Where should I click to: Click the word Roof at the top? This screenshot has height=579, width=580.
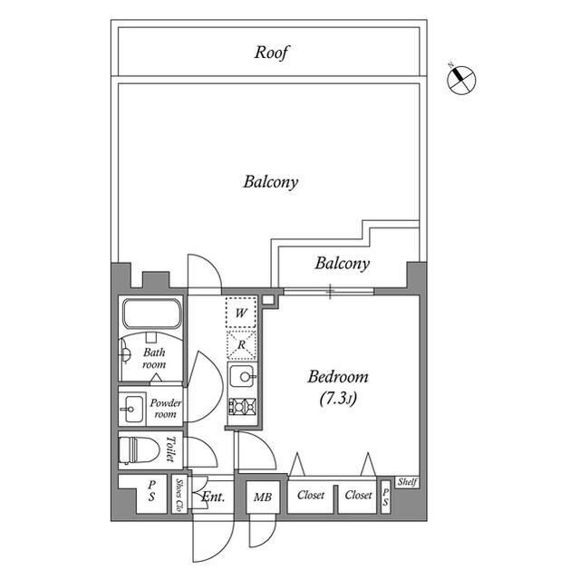point(272,53)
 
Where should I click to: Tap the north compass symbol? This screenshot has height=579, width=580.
point(461,80)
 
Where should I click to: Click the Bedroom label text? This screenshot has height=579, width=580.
point(338,377)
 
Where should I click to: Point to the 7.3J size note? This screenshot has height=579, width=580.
point(338,399)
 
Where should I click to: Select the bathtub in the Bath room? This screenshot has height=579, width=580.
point(152,314)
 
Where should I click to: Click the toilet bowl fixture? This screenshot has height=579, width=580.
point(139,450)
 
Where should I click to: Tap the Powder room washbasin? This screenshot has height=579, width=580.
point(133,409)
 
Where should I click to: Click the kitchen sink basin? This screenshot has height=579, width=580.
point(242,376)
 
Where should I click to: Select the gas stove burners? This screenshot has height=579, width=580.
point(242,407)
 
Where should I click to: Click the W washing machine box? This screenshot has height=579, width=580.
point(241,313)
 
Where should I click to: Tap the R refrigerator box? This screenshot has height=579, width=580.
point(241,345)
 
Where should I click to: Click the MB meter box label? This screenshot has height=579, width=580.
point(263,497)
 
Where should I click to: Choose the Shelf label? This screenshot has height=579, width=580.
point(407,482)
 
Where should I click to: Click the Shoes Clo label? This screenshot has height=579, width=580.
point(179,496)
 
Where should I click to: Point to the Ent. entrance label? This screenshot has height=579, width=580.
point(213,497)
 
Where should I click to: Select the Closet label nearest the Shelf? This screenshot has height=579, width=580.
point(358,495)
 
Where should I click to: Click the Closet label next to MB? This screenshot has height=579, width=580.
point(311,495)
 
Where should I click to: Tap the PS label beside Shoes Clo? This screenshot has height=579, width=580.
point(151,490)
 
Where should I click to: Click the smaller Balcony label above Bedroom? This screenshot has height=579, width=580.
point(343,264)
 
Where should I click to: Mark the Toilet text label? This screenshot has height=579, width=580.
point(170,449)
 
